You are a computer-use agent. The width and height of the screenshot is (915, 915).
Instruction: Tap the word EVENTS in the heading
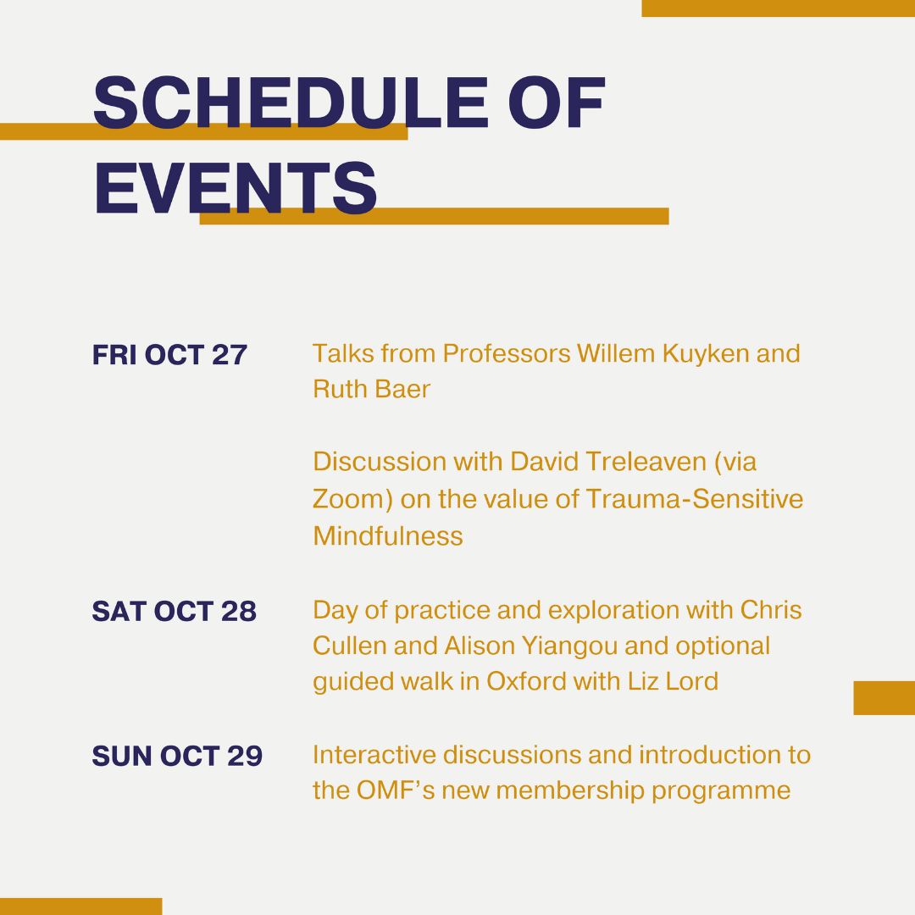click(236, 188)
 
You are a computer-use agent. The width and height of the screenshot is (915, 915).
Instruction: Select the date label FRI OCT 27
click(169, 355)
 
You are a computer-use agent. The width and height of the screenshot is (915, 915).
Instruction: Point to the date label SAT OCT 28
click(174, 611)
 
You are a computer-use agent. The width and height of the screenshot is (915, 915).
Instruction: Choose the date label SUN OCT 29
click(177, 756)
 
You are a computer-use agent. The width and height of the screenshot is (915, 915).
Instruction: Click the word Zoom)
click(352, 499)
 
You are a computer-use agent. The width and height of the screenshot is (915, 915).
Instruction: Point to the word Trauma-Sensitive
click(695, 499)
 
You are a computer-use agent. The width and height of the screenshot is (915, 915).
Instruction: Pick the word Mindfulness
click(388, 535)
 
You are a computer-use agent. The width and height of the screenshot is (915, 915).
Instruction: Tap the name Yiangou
click(569, 646)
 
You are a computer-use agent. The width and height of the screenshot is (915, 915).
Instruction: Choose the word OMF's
click(396, 790)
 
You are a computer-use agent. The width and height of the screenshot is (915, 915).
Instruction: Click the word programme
click(721, 792)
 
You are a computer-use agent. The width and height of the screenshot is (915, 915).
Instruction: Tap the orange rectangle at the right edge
click(884, 698)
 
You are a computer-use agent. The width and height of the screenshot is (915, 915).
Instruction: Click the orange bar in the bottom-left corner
click(81, 907)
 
